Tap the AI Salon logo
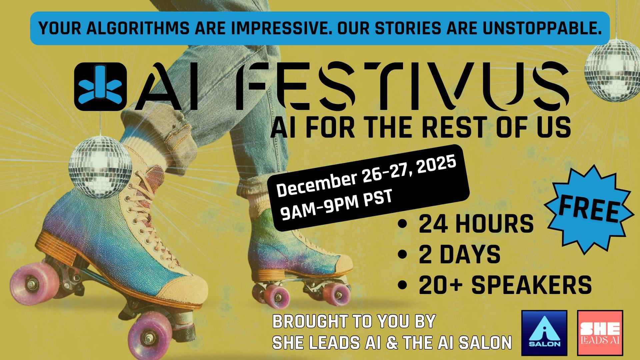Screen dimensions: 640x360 [544, 333]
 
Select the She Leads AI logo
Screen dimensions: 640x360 [600, 333]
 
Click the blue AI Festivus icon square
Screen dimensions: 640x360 [100, 86]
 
